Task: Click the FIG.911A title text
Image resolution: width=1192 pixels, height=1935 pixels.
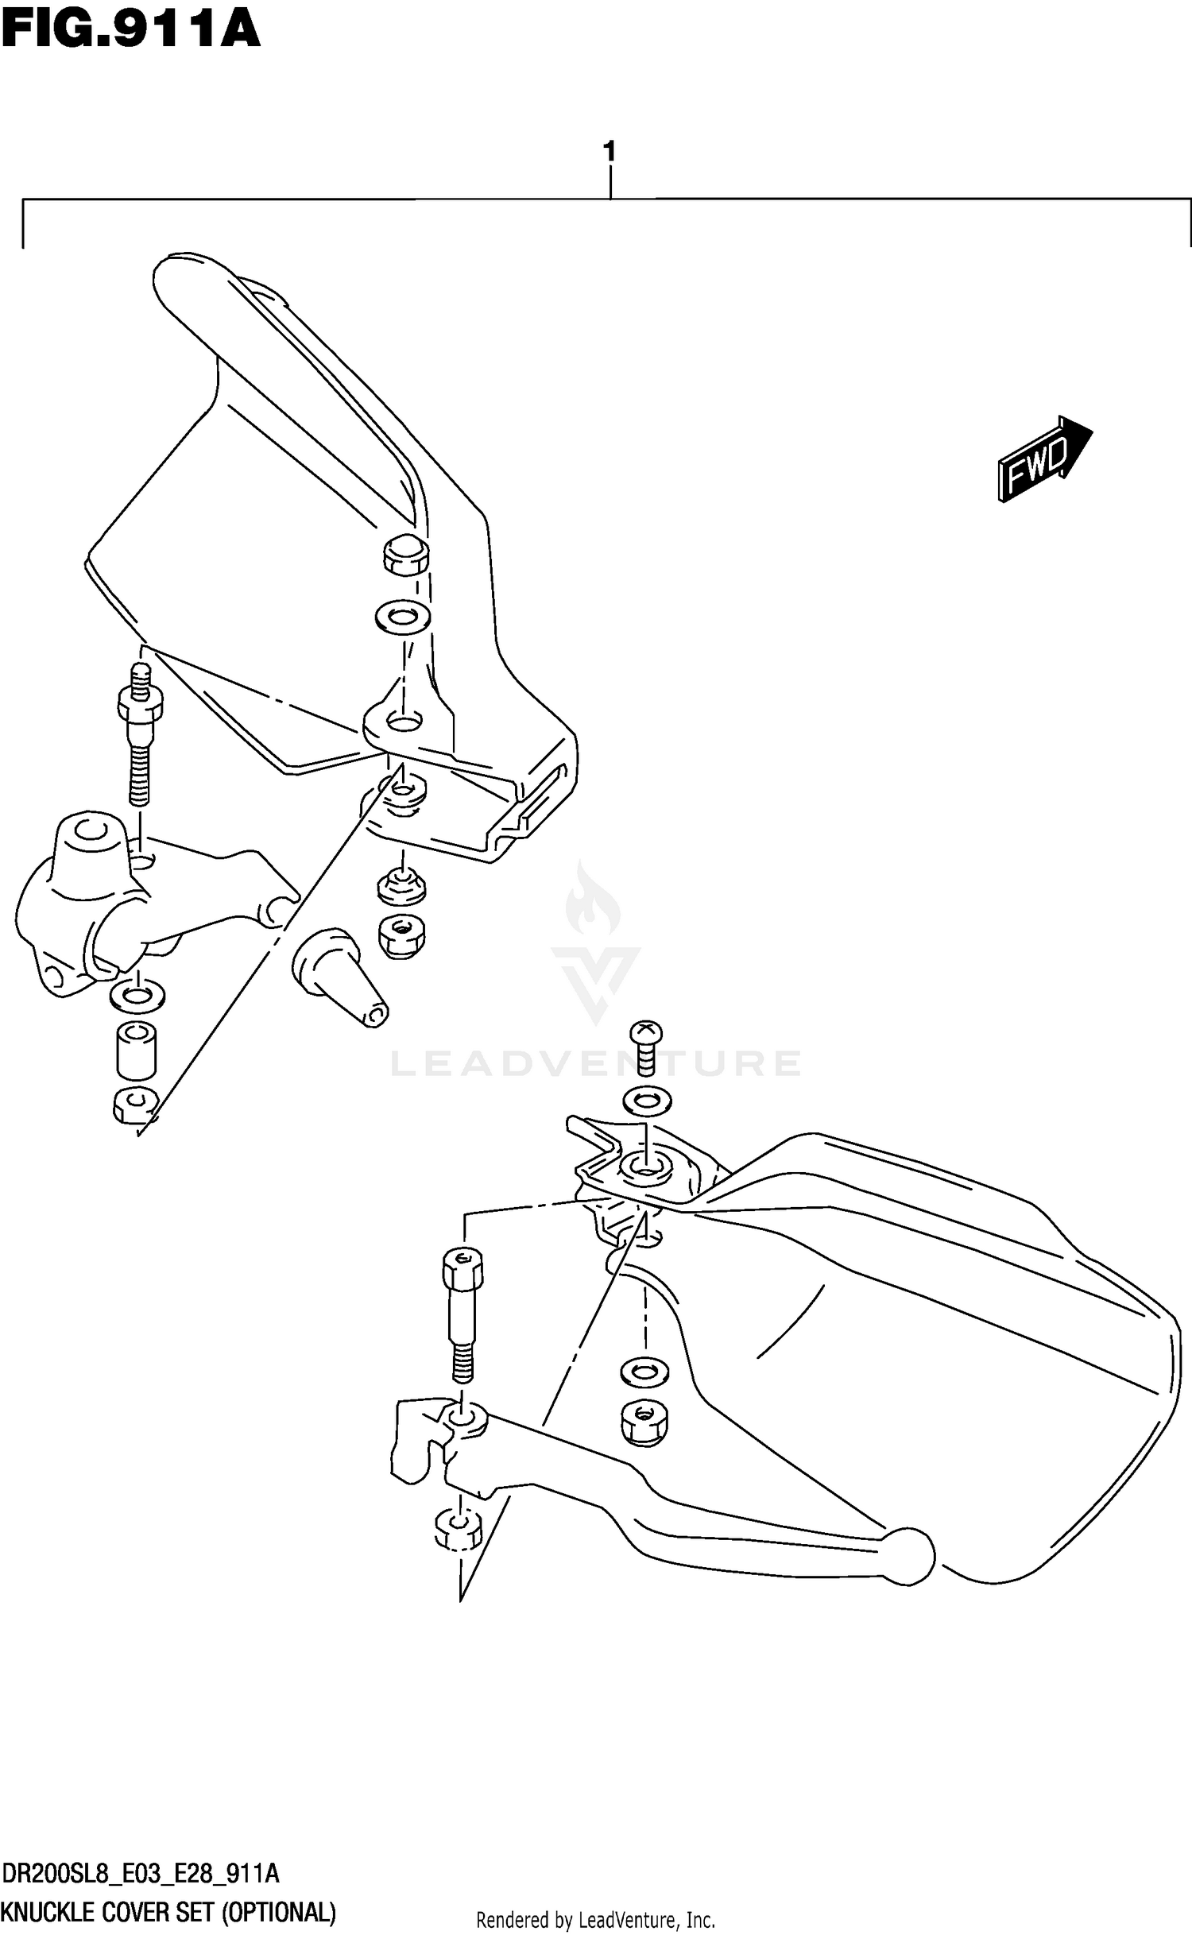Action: tap(131, 33)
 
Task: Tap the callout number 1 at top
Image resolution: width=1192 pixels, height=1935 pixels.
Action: tap(610, 151)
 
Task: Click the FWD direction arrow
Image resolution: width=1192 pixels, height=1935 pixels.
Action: tap(1044, 459)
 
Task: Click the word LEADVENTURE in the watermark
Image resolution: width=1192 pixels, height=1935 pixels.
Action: tap(596, 1063)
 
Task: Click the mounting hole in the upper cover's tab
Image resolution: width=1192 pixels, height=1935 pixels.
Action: tap(403, 722)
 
